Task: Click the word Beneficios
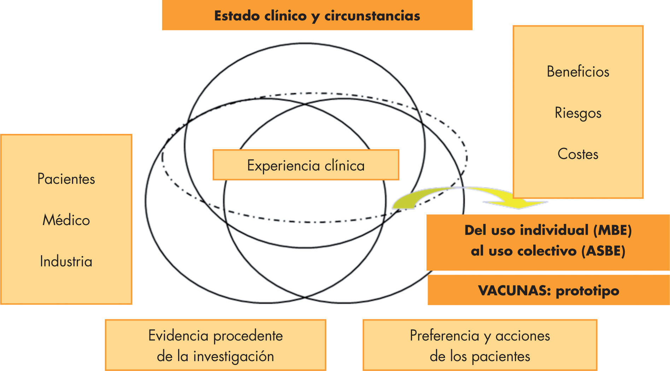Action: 578,72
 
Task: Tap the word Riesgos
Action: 578,113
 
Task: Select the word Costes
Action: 578,154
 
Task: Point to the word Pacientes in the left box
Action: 66,179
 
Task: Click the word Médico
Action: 66,220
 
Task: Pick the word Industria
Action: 66,261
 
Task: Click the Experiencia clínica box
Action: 306,165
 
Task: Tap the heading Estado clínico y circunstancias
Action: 317,16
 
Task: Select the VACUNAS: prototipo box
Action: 548,290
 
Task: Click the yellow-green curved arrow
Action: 470,196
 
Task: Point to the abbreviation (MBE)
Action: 612,230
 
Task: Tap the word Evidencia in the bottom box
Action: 178,336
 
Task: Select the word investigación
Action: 233,356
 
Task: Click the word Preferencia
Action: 444,336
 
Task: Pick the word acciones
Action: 523,336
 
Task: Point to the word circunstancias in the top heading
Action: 372,16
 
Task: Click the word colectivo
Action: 544,251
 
